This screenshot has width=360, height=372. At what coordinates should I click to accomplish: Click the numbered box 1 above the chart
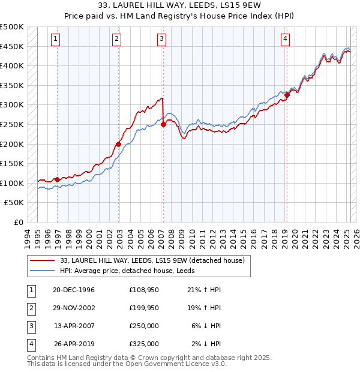coord(55,39)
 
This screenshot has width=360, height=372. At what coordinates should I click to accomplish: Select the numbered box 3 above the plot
coord(162,39)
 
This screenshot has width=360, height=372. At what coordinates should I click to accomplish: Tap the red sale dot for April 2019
coord(287,94)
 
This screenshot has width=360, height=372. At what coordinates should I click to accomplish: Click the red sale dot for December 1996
coord(58,179)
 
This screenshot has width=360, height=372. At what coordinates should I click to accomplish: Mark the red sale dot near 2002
coord(119,144)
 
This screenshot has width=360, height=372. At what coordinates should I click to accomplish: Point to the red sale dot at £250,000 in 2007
coord(163,124)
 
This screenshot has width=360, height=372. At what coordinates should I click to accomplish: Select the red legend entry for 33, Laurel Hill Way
coord(152,260)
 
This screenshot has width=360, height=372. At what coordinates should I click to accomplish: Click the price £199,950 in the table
coord(143,308)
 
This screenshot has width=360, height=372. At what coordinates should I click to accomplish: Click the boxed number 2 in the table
coord(31,308)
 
